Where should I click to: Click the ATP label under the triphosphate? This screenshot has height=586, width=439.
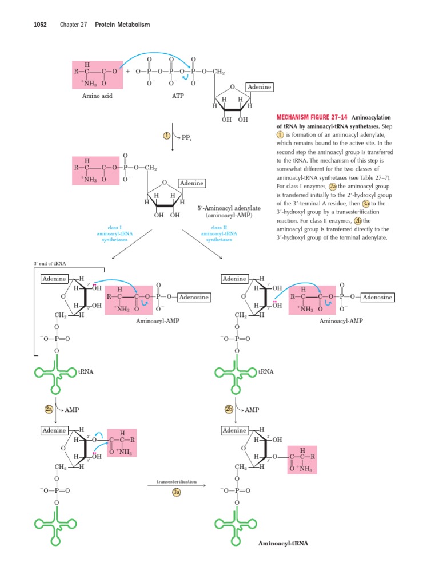coord(178,96)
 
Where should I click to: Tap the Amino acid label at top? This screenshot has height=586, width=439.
coord(97,96)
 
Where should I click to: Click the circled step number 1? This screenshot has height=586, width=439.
coord(167,136)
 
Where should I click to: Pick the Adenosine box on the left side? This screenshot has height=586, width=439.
coord(194,298)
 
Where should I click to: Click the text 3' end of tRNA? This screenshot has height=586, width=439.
coord(50,263)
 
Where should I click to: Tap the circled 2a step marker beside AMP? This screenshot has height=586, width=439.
coord(49,410)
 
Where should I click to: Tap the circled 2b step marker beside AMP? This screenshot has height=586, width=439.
coord(229,410)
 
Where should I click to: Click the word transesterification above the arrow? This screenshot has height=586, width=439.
coord(177,482)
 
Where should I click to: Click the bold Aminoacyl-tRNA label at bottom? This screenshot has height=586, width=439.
coord(283,543)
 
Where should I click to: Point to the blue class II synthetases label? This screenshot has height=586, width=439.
coord(219,233)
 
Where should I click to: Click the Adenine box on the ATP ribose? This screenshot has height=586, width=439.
coord(259,87)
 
